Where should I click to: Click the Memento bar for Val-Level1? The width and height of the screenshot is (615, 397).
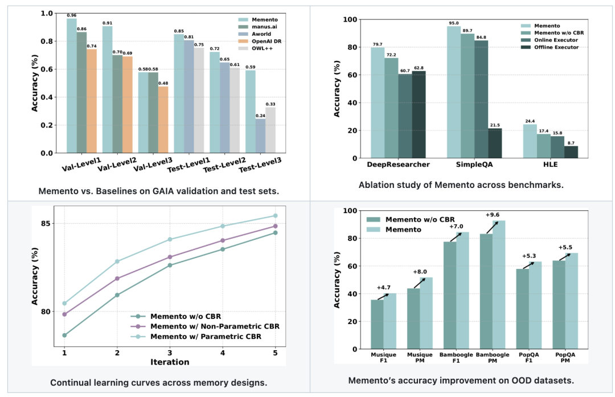click(x=72, y=85)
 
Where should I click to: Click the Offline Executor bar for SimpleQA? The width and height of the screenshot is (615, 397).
click(x=495, y=143)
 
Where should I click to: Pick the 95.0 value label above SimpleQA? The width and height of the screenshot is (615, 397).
click(x=454, y=23)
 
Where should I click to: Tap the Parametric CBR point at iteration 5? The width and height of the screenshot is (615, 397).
click(x=276, y=216)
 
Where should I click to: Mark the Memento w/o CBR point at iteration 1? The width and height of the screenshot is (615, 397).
click(x=64, y=335)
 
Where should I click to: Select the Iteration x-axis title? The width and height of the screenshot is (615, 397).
click(x=170, y=362)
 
